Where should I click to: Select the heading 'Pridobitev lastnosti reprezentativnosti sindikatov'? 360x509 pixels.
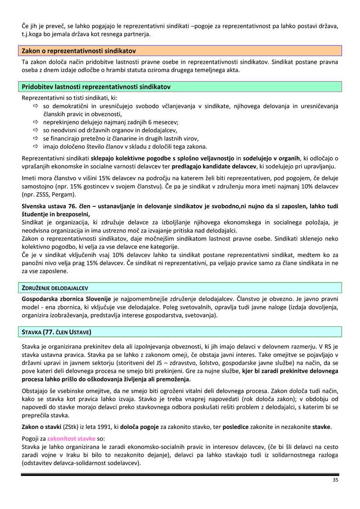point(96,87)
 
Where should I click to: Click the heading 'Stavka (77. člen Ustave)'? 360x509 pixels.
point(57,332)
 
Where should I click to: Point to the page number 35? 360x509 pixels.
point(335,480)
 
